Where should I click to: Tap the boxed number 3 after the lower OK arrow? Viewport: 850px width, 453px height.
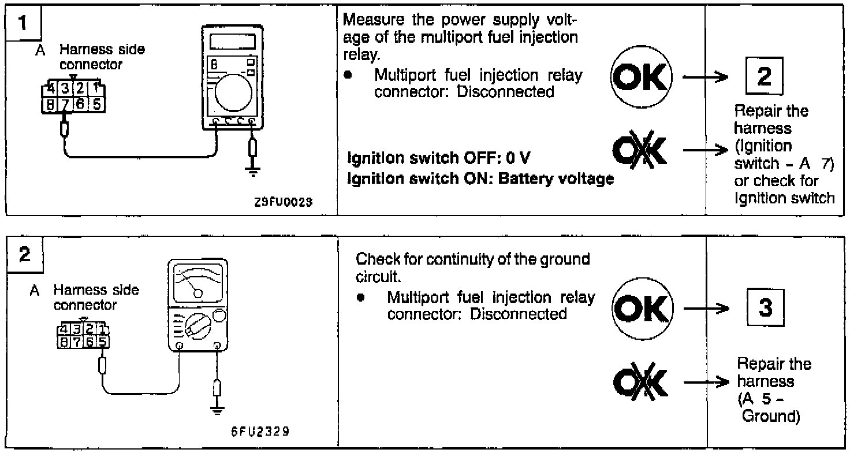point(765,308)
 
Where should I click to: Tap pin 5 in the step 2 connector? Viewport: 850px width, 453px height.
point(102,341)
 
